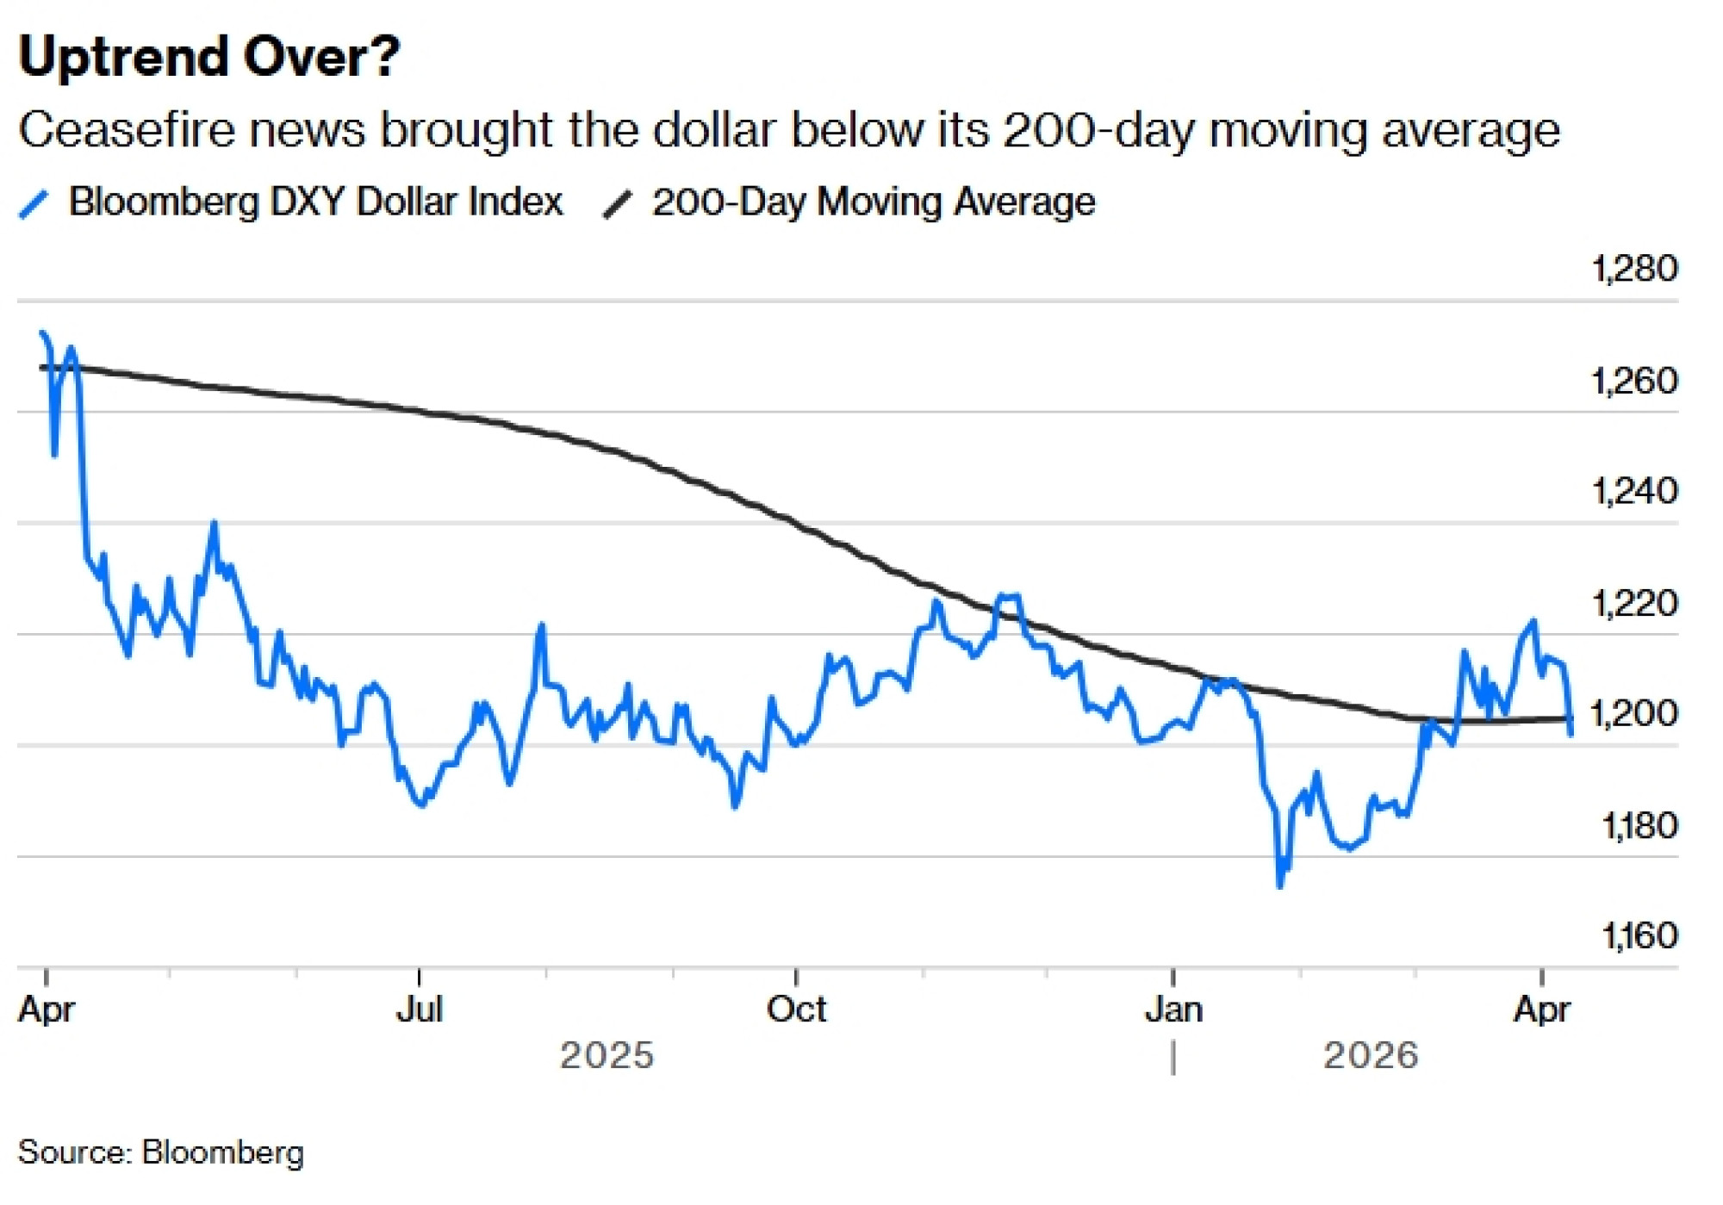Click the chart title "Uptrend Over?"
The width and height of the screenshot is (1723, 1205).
tap(209, 57)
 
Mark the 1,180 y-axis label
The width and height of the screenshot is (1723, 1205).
tap(1639, 825)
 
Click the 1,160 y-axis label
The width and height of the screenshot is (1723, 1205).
tap(1639, 935)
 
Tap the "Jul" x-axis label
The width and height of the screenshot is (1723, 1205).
tap(420, 1009)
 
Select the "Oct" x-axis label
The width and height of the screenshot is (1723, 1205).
tap(796, 1009)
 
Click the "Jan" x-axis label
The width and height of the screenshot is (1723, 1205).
tap(1173, 1009)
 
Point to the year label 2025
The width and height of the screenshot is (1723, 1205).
tap(606, 1055)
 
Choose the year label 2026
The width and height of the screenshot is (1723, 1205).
tap(1370, 1055)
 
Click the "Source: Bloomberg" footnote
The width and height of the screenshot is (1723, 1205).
tap(161, 1152)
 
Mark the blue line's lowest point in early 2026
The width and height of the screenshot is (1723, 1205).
tap(1279, 885)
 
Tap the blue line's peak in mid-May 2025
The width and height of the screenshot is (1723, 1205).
tap(215, 523)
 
